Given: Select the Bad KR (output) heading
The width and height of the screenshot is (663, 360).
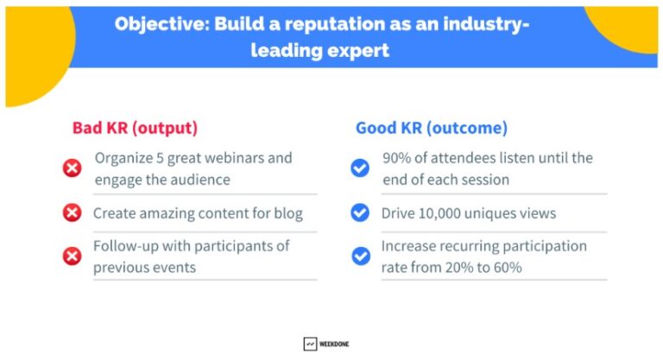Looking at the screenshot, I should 135,129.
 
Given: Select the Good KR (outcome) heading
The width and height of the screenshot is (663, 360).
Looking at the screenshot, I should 432,129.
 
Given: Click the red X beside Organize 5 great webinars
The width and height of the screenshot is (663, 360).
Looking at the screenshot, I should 73,168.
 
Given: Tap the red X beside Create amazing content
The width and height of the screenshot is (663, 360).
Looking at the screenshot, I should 73,213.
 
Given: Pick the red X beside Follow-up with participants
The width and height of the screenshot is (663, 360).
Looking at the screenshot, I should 73,256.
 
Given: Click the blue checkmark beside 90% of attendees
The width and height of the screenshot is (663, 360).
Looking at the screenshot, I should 359,168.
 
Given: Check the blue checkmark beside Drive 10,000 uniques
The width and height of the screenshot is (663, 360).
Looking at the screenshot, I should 359,213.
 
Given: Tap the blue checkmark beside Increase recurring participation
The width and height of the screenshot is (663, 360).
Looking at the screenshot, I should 359,256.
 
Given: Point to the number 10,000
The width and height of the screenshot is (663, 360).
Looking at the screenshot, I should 445,213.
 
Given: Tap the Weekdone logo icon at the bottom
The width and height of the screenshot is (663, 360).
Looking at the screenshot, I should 310,344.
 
